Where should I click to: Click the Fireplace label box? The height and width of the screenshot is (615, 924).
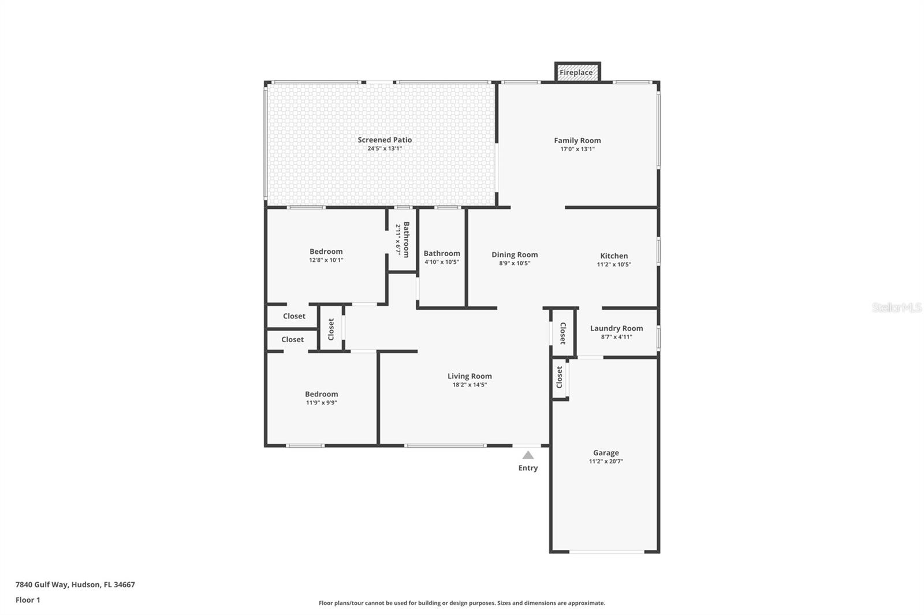(x=576, y=73)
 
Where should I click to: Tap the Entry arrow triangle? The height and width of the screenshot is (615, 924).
(x=528, y=455)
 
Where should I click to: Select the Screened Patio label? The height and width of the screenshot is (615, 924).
(x=385, y=140)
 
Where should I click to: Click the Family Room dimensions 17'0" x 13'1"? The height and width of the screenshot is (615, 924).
(x=577, y=149)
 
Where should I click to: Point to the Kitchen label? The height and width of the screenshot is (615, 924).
(x=614, y=256)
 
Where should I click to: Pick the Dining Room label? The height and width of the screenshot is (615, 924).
(x=515, y=254)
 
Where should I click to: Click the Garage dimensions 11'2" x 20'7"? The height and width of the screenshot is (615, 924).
(x=606, y=462)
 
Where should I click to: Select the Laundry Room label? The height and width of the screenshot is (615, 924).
(x=616, y=328)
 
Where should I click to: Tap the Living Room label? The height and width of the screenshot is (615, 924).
(x=470, y=376)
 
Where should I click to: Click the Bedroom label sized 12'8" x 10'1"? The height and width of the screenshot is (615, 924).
(x=326, y=252)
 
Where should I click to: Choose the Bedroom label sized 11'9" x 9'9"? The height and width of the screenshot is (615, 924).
(x=321, y=394)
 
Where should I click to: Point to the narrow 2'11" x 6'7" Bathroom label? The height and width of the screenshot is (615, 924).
(x=406, y=239)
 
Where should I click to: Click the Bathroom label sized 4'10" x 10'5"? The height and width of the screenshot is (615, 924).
(x=442, y=253)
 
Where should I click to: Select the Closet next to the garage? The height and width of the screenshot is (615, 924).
(x=559, y=377)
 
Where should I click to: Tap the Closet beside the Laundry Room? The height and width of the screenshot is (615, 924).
(x=562, y=333)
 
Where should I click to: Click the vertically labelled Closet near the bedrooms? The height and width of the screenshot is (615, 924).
(x=331, y=329)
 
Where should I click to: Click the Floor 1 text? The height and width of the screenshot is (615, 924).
(x=28, y=600)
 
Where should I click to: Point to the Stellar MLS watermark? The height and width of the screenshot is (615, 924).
(x=896, y=307)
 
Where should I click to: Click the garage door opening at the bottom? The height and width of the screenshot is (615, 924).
(x=606, y=552)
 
